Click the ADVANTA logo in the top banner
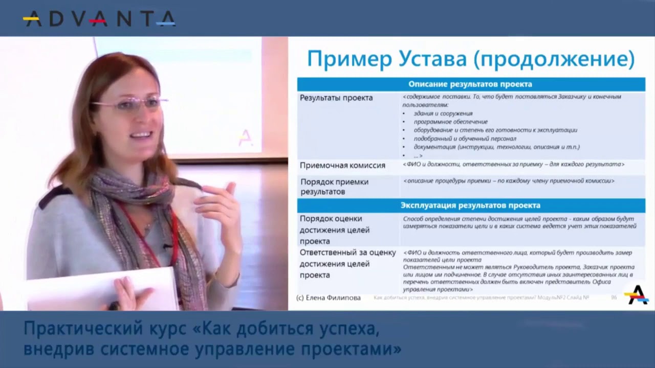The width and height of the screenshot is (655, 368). pos(99,18)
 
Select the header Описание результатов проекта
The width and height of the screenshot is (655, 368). pos(470,84)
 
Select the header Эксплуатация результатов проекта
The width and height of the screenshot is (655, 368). pos(470,205)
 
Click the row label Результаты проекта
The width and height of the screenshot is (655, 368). pos(336,98)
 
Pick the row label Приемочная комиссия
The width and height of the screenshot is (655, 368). pos(342,166)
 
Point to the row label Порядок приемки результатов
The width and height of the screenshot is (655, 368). pos(334,187)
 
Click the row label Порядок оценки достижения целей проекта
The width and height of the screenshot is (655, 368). pos(335,229)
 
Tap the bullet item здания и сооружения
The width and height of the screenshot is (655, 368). pos(443,113)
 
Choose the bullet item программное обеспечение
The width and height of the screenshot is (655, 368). pos(450,122)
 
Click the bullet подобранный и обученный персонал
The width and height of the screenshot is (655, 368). pos(465,139)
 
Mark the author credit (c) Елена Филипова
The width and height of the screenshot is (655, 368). pos(329,297)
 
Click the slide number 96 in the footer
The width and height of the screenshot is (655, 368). pos(614,297)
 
